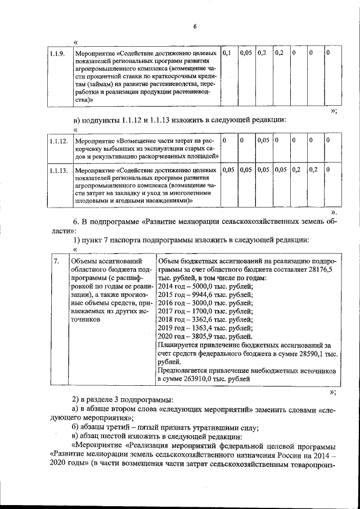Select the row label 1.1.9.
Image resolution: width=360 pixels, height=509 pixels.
pyautogui.click(x=56, y=53)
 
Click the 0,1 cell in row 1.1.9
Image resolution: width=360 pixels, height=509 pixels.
pyautogui.click(x=227, y=53)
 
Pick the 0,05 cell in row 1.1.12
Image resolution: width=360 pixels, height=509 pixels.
pyautogui.click(x=262, y=140)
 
